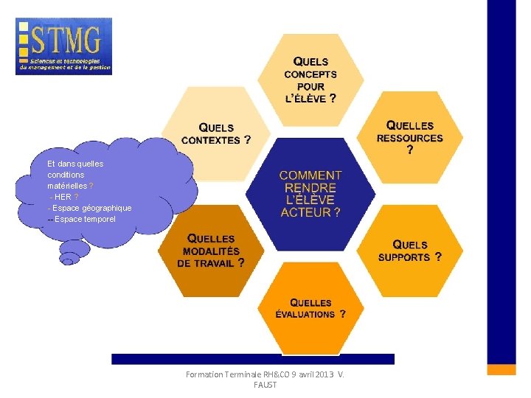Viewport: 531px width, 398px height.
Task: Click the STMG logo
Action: point(63,46)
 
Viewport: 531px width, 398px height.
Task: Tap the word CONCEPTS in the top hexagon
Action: point(310,74)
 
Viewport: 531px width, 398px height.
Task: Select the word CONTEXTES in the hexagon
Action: point(211,140)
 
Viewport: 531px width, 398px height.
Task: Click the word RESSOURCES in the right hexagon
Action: point(410,138)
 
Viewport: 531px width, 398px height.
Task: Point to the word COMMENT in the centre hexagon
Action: point(310,175)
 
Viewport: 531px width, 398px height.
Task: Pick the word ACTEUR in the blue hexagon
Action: point(306,212)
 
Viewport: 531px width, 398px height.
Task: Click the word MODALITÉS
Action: point(211,251)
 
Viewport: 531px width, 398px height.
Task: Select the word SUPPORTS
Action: point(404,257)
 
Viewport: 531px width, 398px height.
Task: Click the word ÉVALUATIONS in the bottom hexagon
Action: point(305,314)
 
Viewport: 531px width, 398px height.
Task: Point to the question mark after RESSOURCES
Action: point(410,150)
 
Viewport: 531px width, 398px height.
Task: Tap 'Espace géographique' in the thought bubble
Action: point(91,208)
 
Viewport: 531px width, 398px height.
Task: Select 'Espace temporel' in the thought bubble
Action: point(86,219)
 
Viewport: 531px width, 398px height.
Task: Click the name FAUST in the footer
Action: point(265,385)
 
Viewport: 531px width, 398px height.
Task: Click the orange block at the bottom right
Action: point(502,369)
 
